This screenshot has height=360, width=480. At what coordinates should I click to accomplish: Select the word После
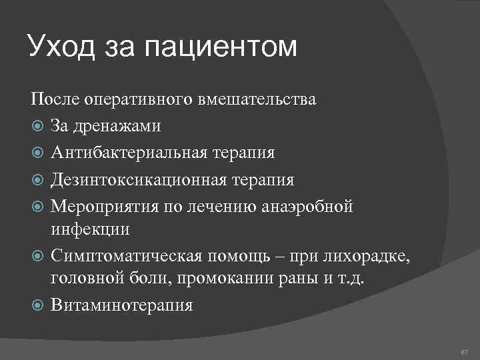click(x=55, y=101)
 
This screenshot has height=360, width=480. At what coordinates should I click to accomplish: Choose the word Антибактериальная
click(x=132, y=153)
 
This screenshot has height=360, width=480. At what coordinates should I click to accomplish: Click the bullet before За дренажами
click(x=37, y=125)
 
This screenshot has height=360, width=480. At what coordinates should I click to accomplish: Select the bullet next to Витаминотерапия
click(x=37, y=305)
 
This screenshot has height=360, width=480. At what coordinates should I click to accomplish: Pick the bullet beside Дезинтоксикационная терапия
click(x=37, y=180)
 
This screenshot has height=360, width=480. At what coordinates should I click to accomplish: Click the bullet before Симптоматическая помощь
click(x=37, y=255)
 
